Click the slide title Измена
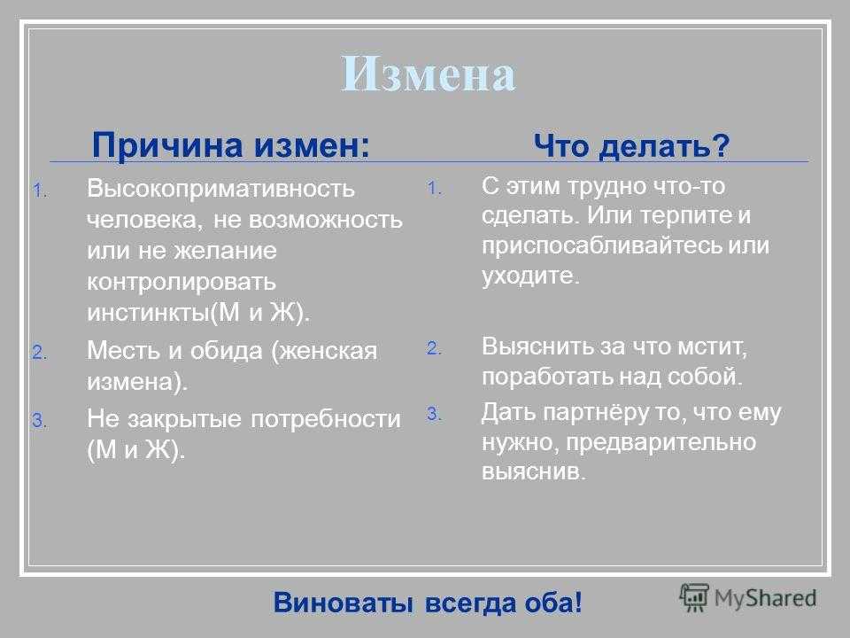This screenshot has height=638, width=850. [429, 74]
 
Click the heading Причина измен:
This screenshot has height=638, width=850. [231, 144]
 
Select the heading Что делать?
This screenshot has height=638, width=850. [632, 145]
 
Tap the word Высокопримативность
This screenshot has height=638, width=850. [220, 188]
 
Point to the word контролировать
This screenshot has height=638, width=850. [182, 282]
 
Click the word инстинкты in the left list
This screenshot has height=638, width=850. [148, 313]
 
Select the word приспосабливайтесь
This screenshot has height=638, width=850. [601, 245]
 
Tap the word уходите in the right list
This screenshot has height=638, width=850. [530, 276]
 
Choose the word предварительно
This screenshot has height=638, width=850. [661, 443]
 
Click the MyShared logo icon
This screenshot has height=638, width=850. [694, 597]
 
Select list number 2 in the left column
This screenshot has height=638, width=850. [39, 353]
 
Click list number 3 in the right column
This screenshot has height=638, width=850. [433, 414]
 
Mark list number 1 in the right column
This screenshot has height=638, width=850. [434, 188]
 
